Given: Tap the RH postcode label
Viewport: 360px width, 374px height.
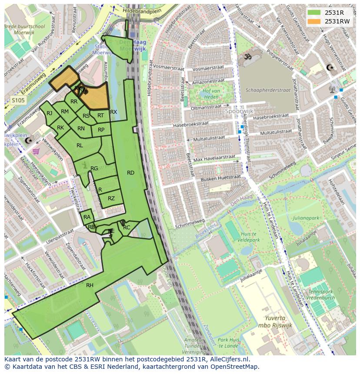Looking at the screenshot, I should [x=90, y=285].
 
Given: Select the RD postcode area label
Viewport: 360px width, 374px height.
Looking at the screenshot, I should [x=130, y=173].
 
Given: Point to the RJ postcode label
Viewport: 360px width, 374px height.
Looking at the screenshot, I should [x=49, y=113].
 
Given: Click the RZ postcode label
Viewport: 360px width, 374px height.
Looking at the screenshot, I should [x=111, y=199].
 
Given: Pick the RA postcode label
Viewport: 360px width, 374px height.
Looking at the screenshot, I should [x=87, y=217].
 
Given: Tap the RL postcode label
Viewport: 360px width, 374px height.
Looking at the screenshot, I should [x=80, y=146].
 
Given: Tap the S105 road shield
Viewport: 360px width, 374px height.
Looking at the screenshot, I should [x=18, y=100].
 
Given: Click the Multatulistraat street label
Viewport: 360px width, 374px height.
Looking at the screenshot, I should [x=209, y=138].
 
